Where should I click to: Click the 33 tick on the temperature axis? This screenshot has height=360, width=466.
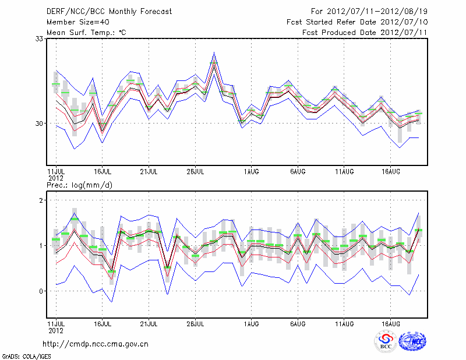(40, 38)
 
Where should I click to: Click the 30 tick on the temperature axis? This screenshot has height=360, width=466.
(40, 123)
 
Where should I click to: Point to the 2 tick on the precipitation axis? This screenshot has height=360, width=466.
(42, 200)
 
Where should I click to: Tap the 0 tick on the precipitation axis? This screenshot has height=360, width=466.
(42, 291)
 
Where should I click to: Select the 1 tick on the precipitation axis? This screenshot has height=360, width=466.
(42, 246)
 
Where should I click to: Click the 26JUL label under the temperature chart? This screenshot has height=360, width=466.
(195, 171)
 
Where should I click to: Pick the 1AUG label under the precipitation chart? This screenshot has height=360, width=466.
(252, 322)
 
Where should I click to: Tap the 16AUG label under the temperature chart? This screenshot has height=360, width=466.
(391, 171)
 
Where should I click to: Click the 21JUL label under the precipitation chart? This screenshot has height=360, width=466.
(149, 322)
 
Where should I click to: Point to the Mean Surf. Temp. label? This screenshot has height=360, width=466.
(86, 32)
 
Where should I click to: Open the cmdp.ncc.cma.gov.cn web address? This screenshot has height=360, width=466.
(96, 344)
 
